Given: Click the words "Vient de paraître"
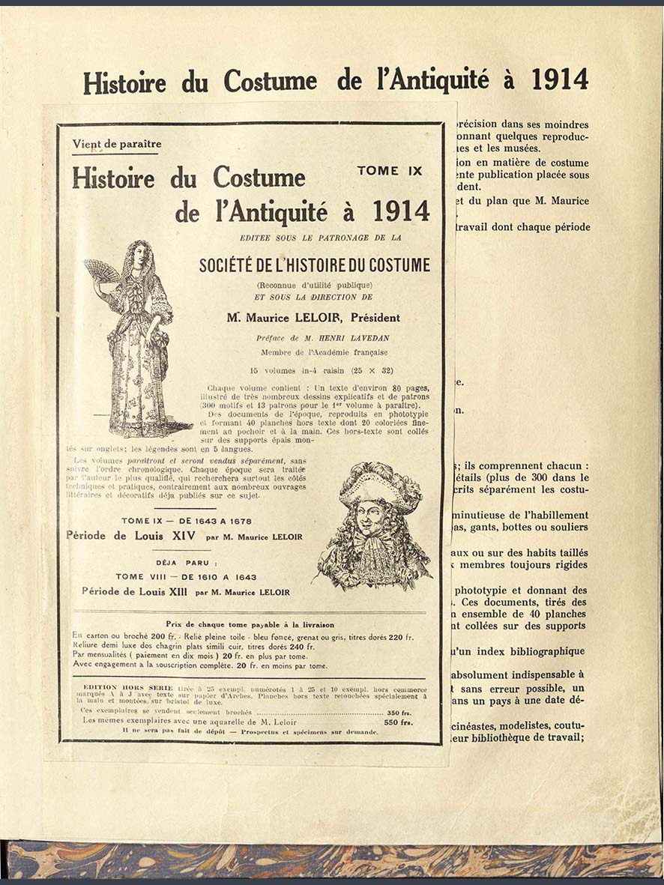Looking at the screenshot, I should [x=117, y=144].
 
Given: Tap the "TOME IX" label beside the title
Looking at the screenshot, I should [x=390, y=171].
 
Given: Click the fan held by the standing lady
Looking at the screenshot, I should [x=100, y=271].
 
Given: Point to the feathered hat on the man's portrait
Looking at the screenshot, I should [x=378, y=483].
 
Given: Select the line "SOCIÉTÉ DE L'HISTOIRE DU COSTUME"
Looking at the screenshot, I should [x=315, y=265].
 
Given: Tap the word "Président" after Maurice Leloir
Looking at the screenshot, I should [x=375, y=318].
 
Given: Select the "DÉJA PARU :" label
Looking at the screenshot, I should [x=187, y=562].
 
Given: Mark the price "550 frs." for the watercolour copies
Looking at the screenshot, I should [x=399, y=722].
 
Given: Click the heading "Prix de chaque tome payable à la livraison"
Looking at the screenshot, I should [x=250, y=624].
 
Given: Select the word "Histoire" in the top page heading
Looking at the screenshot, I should [x=124, y=81].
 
